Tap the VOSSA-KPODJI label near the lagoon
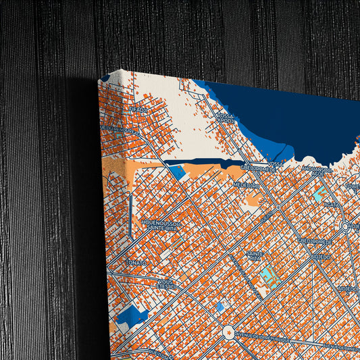pos(226,119)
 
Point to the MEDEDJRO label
pos(247,184)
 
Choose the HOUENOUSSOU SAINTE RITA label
pos(159,225)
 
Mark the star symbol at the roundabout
pos(228,332)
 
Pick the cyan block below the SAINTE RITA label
pos(269,274)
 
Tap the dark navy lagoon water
pos(284,118)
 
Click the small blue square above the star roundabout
pos(220,307)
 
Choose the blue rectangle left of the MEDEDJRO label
pos(177,172)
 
